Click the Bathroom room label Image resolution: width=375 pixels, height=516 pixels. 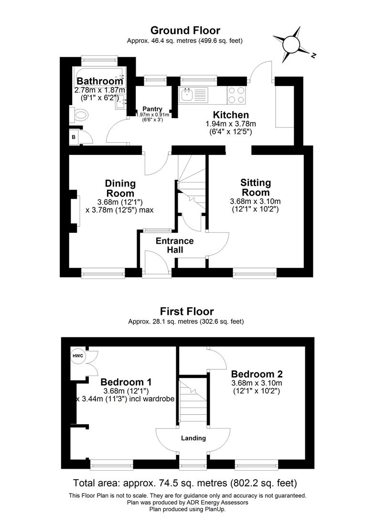click(x=100, y=81)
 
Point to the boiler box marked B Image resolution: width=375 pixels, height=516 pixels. click(x=74, y=137)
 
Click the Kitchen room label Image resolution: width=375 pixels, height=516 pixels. click(x=231, y=115)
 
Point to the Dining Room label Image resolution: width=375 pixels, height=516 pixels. click(x=120, y=188)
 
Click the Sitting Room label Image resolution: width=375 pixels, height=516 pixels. click(x=256, y=187)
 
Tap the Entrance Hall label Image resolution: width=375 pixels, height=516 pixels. click(x=175, y=245)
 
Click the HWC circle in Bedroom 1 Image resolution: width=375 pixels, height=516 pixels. click(x=77, y=356)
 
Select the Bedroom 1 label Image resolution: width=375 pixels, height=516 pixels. click(x=126, y=382)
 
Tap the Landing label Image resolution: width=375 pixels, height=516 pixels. click(x=193, y=438)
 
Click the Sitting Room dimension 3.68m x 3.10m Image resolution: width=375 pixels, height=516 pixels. click(x=256, y=201)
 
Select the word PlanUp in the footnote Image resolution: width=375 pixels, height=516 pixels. click(x=214, y=510)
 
